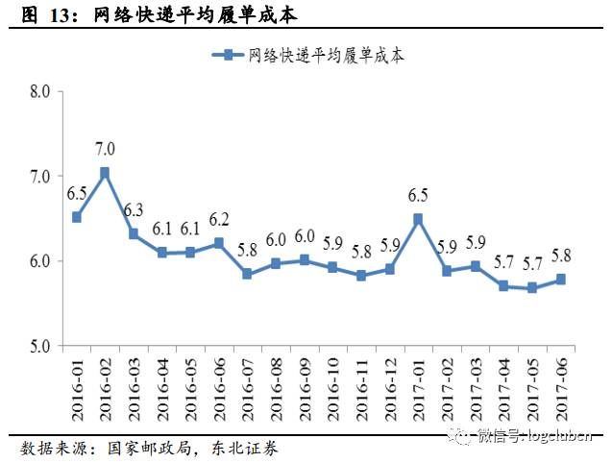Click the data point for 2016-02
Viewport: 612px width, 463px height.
coord(105,173)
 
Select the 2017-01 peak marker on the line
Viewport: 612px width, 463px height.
coord(417,219)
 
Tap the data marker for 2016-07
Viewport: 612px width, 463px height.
coord(247,274)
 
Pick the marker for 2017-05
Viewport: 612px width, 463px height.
coord(531,287)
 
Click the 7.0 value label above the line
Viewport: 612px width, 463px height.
coord(105,149)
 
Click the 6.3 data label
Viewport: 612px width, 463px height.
coord(133,210)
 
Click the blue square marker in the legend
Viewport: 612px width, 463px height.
coord(230,56)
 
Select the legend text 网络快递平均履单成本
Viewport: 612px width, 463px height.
coord(326,56)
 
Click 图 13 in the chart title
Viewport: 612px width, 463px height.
coord(38,14)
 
